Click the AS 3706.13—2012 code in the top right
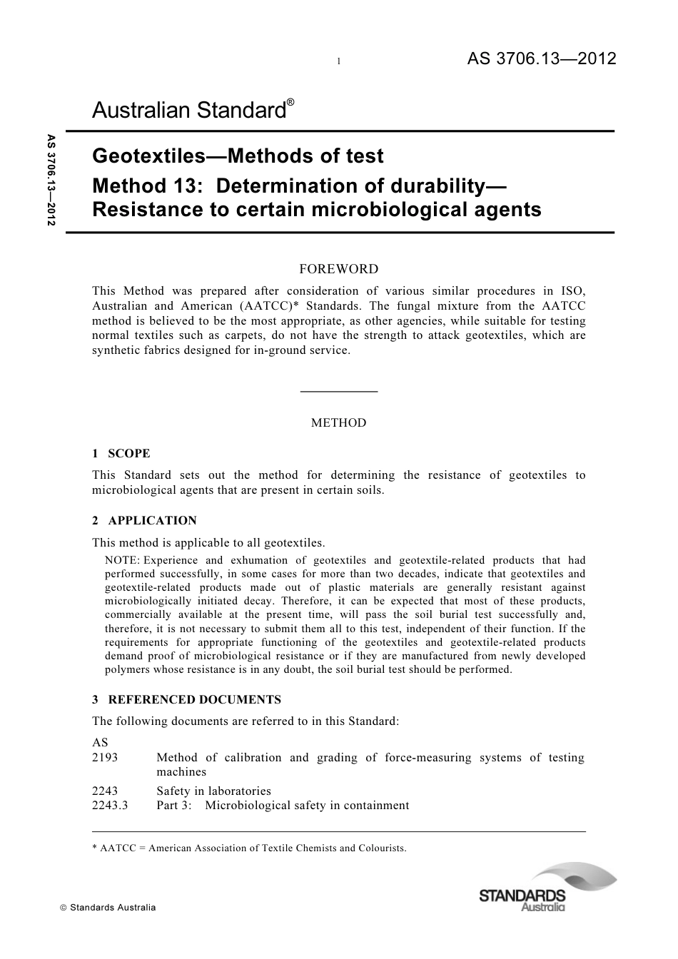[x=541, y=60]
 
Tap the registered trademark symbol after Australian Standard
[x=290, y=103]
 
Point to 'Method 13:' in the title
[x=149, y=186]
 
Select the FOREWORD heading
[x=338, y=269]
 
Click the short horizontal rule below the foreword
[x=338, y=391]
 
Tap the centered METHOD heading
[x=338, y=422]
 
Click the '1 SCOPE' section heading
[x=121, y=453]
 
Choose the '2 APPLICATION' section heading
[x=144, y=520]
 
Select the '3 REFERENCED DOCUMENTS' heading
[x=186, y=699]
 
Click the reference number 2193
[x=105, y=758]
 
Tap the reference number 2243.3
[x=110, y=806]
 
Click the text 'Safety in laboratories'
[x=213, y=791]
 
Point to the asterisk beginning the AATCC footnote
[x=95, y=847]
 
